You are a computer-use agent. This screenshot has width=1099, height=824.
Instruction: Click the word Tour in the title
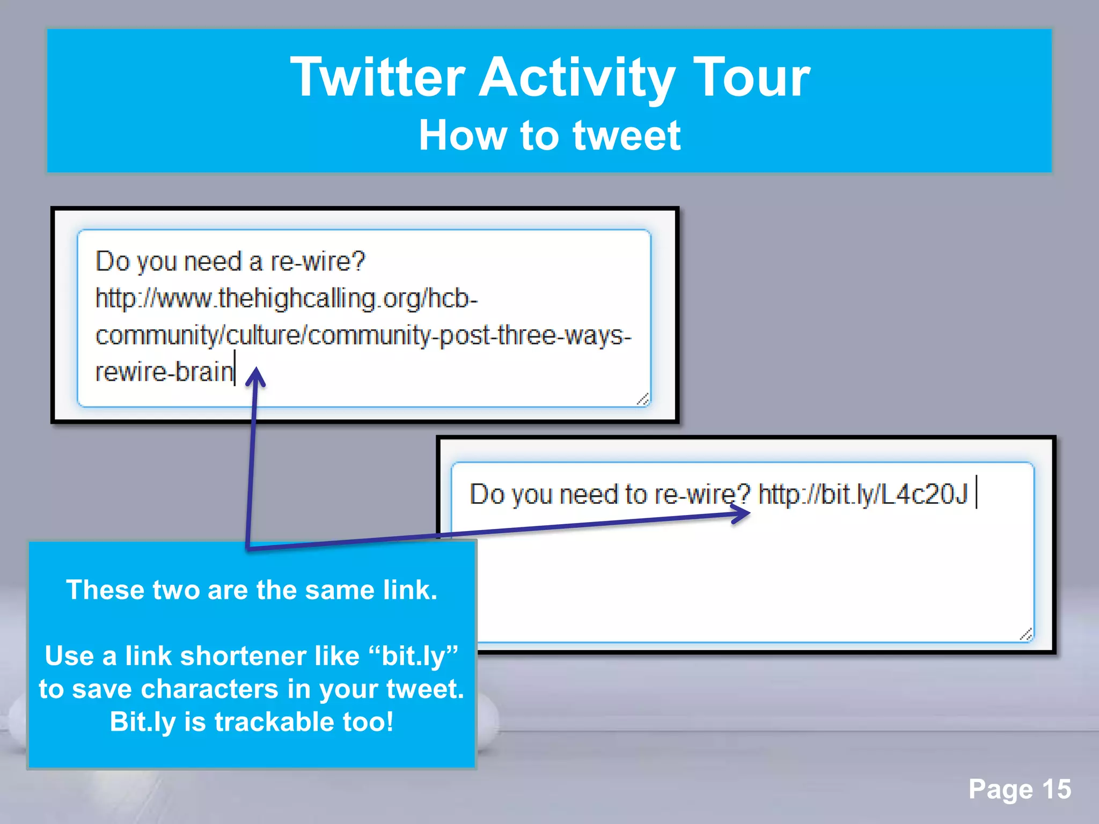[751, 78]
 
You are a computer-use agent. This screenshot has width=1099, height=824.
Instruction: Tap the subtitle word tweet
[626, 136]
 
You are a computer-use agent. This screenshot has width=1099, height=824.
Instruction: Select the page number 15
[1056, 789]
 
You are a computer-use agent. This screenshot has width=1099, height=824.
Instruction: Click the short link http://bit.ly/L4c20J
[862, 494]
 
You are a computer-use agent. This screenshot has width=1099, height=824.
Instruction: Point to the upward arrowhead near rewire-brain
[256, 377]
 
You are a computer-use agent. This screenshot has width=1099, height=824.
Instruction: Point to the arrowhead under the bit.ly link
[742, 514]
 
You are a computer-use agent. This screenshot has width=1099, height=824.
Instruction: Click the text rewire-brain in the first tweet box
[164, 372]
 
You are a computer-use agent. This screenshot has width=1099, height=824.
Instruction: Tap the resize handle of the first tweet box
[643, 399]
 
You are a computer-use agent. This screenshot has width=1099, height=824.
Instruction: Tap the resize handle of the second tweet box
[1026, 635]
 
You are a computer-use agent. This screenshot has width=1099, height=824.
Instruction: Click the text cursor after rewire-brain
[235, 368]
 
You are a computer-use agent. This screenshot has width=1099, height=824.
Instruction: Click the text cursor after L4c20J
[977, 491]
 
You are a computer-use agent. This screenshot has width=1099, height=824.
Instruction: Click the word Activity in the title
[576, 78]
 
